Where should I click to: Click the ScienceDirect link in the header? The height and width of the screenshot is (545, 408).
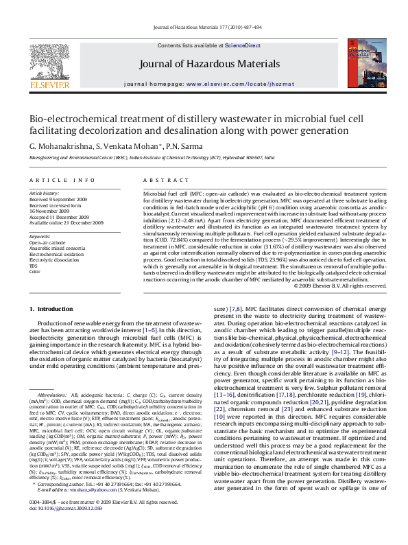click(243, 45)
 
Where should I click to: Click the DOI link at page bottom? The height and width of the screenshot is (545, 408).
click(65, 528)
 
